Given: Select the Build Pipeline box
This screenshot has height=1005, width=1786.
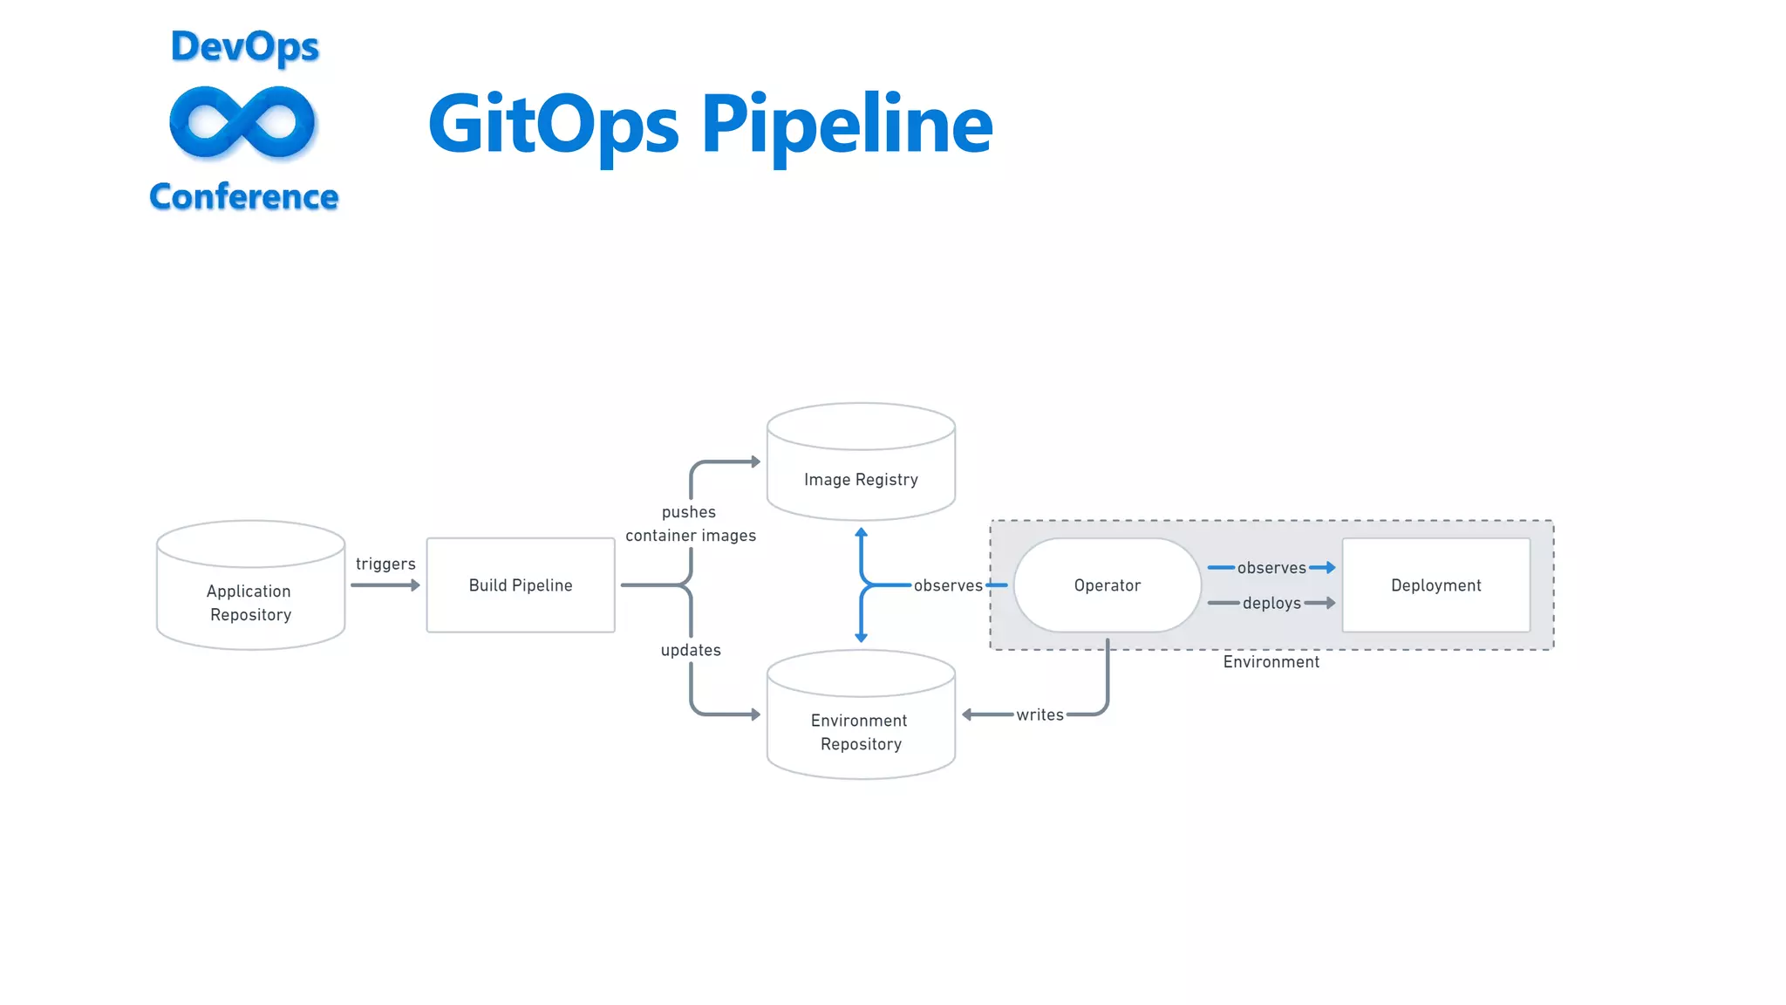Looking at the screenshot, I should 521,585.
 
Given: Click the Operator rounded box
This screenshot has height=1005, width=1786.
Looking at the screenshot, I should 1107,585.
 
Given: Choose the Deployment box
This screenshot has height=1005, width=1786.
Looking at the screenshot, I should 1435,585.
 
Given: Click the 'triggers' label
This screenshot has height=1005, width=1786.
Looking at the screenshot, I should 385,564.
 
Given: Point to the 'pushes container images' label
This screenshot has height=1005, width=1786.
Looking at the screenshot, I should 690,523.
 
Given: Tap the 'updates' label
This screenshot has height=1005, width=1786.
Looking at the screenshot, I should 691,650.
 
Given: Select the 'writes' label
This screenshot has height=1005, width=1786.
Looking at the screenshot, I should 1040,714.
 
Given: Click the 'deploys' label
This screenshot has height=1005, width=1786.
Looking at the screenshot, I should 1271,603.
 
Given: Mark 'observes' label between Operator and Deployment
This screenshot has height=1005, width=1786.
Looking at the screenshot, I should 1271,568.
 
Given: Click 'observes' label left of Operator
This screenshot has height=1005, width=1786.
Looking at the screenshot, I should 948,585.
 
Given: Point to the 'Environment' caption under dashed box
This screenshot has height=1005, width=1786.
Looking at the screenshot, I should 1271,662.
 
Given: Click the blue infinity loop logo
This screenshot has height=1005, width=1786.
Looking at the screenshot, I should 242,123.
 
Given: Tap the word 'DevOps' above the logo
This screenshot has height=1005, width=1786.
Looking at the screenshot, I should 245,46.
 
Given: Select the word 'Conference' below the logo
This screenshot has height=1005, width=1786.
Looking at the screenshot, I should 243,197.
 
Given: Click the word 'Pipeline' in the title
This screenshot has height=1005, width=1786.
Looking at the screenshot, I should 846,125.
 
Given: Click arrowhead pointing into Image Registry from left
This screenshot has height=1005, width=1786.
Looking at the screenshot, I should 756,461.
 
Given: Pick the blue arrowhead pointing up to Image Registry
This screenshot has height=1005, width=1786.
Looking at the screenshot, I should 861,532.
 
